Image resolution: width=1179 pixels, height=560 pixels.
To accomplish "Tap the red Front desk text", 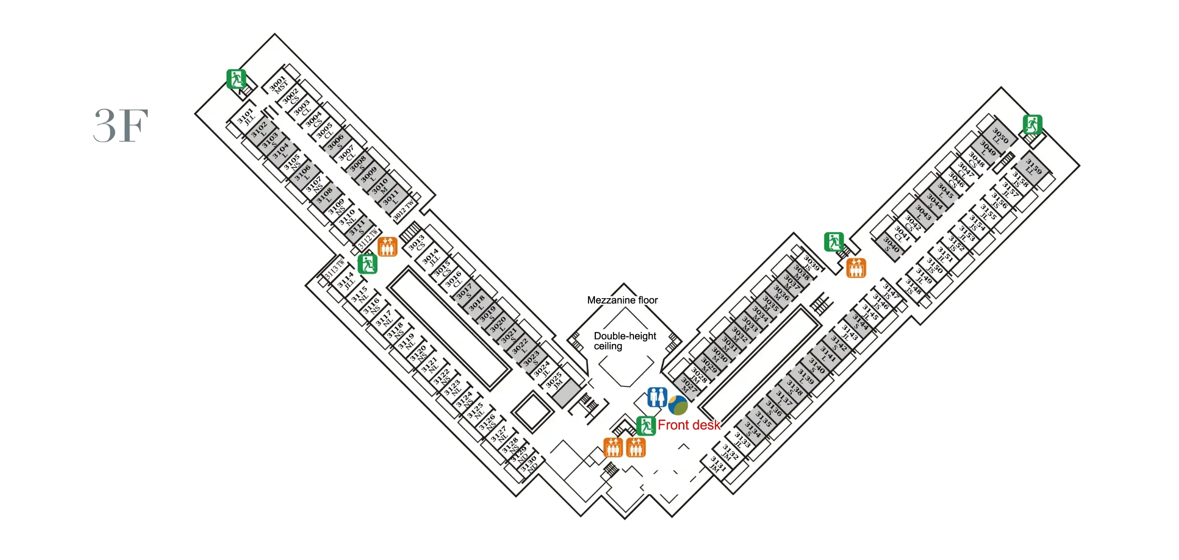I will pyautogui.click(x=689, y=425).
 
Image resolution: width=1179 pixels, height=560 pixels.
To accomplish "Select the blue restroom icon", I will pyautogui.click(x=657, y=397).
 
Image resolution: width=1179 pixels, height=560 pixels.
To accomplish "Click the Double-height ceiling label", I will pyautogui.click(x=625, y=341).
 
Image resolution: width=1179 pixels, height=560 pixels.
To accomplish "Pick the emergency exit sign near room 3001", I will pyautogui.click(x=236, y=79).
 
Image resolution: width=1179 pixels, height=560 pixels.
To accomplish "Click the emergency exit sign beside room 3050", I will pyautogui.click(x=1033, y=124).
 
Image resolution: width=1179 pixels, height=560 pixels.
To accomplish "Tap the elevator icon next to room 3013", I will pyautogui.click(x=387, y=247).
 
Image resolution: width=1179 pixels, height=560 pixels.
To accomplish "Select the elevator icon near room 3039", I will pyautogui.click(x=856, y=268).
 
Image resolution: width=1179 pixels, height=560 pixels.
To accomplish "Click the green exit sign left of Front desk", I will pyautogui.click(x=646, y=426).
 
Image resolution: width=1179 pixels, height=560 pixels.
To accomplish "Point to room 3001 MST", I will pyautogui.click(x=279, y=85).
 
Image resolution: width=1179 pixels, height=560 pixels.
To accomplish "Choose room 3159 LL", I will pyautogui.click(x=1032, y=168).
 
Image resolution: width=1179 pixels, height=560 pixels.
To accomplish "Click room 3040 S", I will pyautogui.click(x=890, y=245).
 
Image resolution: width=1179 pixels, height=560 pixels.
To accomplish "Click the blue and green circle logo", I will pyautogui.click(x=678, y=406).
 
